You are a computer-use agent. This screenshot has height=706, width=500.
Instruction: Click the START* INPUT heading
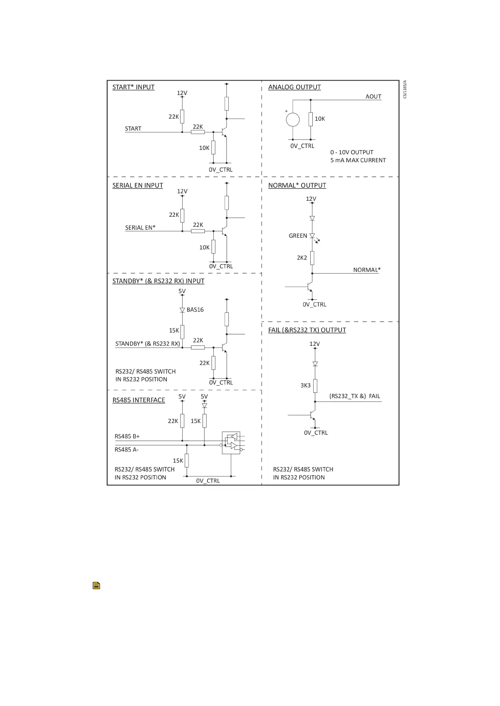coord(133,87)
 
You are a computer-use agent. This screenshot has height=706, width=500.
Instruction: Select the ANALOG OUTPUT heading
coord(294,87)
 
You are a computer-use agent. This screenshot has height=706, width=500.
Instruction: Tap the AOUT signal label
coord(373,96)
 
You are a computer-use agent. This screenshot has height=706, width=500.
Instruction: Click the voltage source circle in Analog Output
coord(293,120)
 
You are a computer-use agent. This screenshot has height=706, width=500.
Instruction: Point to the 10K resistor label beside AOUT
coord(320,119)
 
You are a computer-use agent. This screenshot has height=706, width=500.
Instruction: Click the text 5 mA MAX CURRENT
coord(358,160)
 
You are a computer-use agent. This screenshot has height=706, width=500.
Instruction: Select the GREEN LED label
coord(298,236)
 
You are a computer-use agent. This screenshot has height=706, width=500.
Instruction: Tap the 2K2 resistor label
coord(302,258)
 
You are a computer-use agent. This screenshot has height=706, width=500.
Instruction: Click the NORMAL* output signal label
coord(366,270)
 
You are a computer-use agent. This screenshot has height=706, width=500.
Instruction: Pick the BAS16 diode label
coord(195,310)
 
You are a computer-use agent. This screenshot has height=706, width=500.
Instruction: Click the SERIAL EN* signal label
coord(140,228)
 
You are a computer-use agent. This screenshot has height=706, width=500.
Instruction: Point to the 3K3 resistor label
coord(305,385)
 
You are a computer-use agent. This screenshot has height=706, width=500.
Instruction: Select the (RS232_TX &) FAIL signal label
coord(354,396)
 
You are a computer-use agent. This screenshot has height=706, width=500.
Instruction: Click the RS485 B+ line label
coord(127,436)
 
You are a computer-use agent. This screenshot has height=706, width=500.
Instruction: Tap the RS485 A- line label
coord(126,450)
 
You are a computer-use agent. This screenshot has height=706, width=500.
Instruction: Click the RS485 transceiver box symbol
coord(231,443)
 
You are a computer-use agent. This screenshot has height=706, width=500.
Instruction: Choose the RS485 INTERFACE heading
coord(139,400)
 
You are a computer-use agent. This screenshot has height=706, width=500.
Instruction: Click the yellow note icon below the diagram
coord(96,586)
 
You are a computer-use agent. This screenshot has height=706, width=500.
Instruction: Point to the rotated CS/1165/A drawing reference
coord(405,89)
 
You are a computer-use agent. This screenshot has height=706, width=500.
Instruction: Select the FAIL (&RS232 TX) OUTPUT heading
coord(307,330)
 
